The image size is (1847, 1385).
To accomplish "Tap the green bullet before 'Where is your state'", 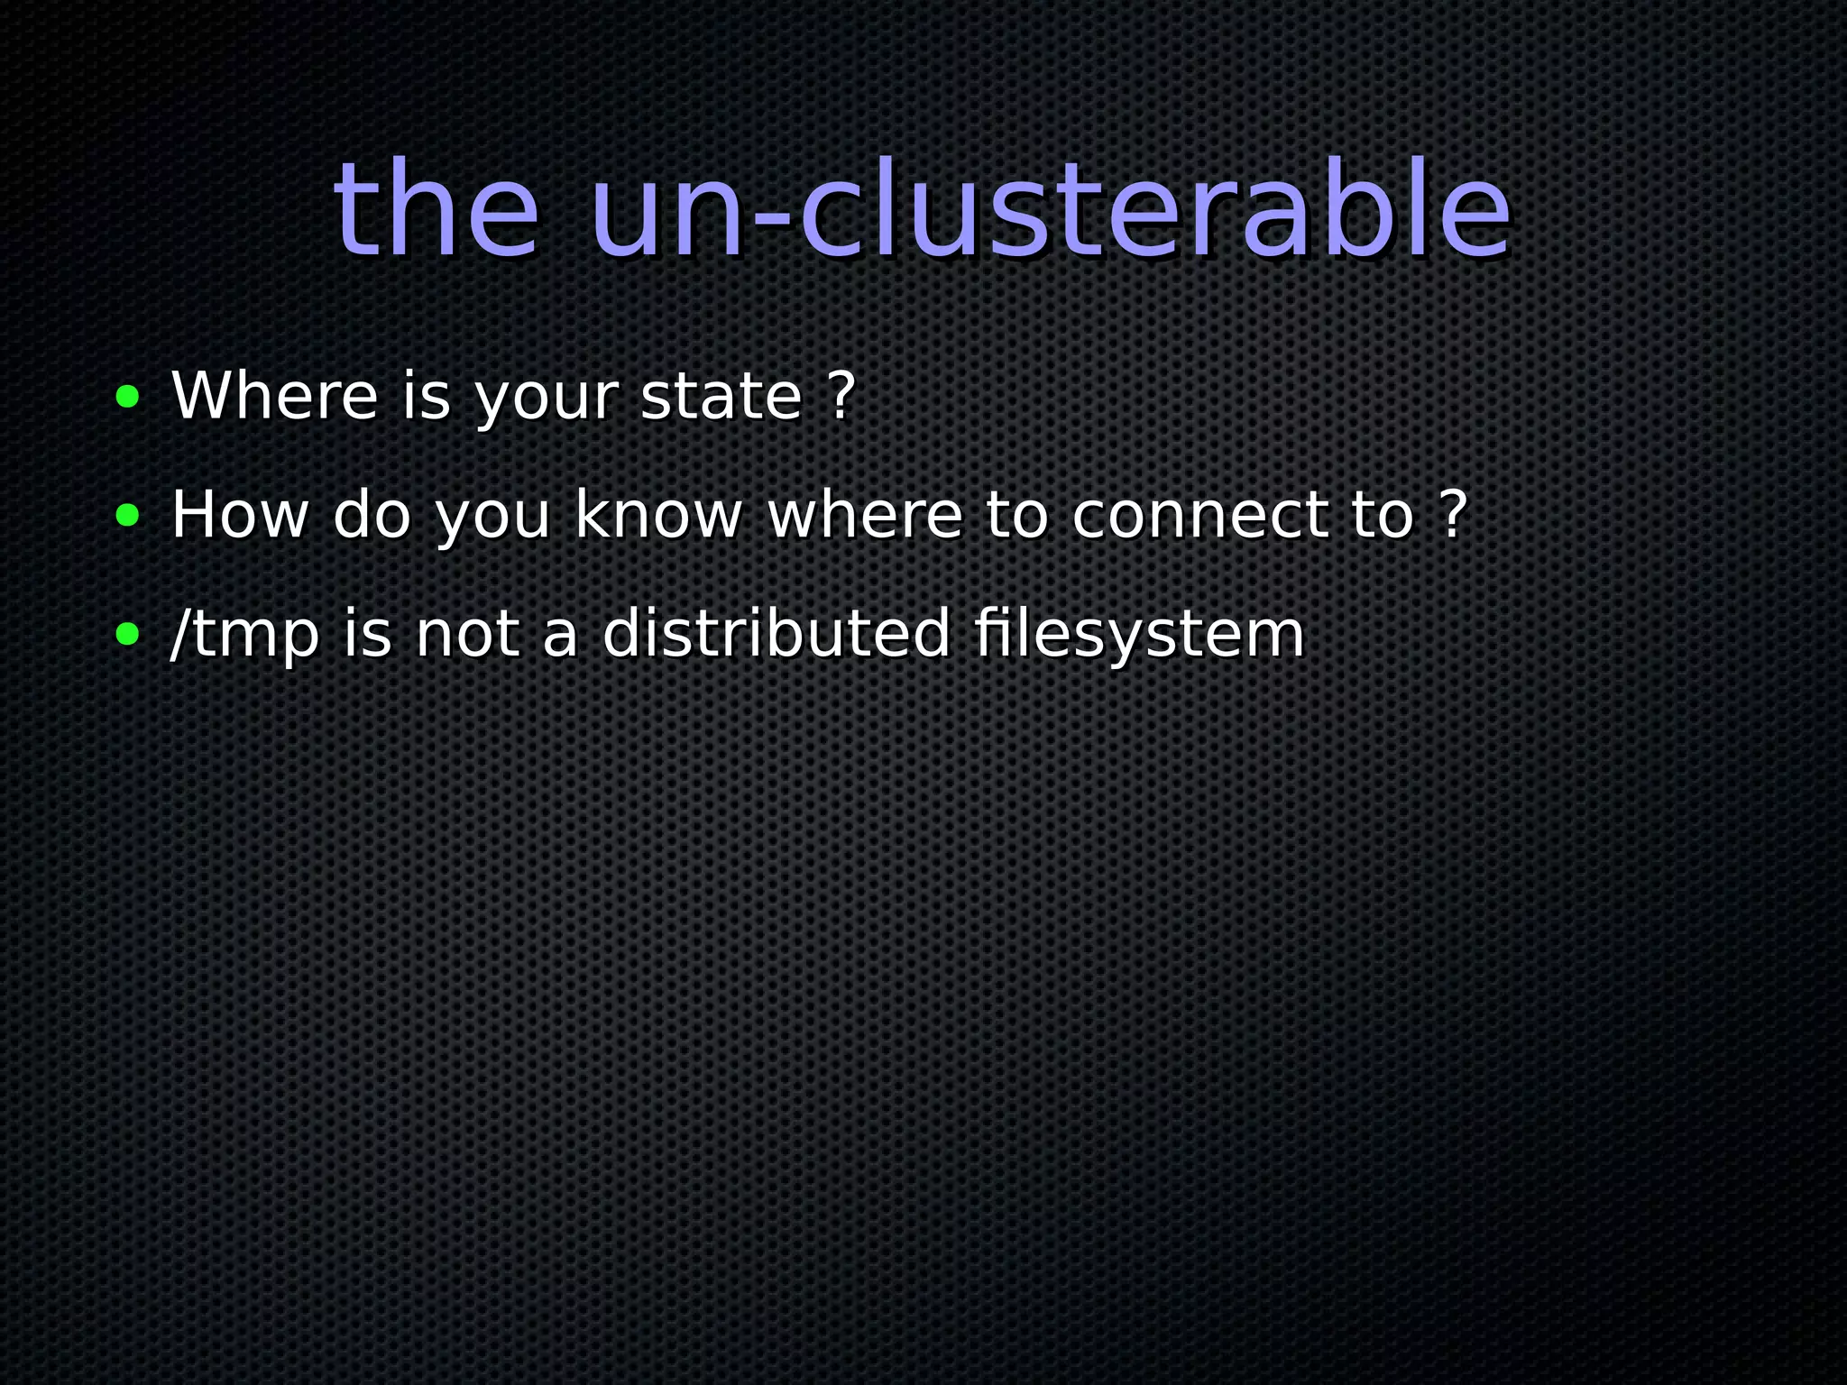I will pyautogui.click(x=128, y=396).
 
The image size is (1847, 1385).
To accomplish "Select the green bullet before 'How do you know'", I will pyautogui.click(x=128, y=515).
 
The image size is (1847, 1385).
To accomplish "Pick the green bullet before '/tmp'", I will pyautogui.click(x=128, y=634).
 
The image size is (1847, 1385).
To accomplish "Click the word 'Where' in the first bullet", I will pyautogui.click(x=274, y=396).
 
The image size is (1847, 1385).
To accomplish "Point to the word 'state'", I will pyautogui.click(x=721, y=396).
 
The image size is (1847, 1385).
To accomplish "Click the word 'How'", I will pyautogui.click(x=239, y=515).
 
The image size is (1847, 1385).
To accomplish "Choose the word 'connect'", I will pyautogui.click(x=1199, y=515).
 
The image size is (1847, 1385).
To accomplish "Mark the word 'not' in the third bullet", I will pyautogui.click(x=466, y=634).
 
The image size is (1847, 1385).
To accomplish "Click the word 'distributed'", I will pyautogui.click(x=776, y=634).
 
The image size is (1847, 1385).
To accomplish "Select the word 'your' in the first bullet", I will pyautogui.click(x=547, y=398).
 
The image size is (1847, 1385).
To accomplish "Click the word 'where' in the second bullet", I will pyautogui.click(x=865, y=515).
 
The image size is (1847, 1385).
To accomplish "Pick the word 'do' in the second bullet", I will pyautogui.click(x=372, y=515).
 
